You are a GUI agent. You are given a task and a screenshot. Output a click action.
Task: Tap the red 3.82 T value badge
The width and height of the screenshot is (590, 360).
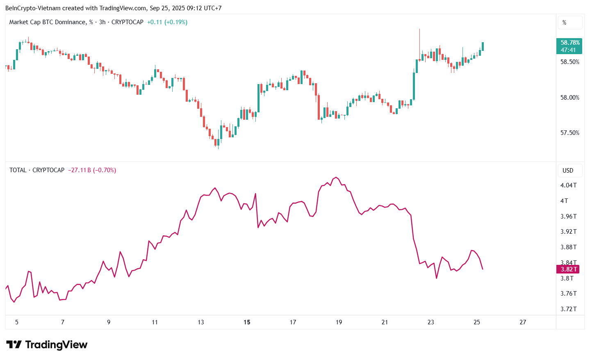569,269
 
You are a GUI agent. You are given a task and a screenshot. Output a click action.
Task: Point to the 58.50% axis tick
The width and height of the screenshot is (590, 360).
570,62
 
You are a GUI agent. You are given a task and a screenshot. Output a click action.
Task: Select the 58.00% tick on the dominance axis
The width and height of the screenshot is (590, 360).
570,98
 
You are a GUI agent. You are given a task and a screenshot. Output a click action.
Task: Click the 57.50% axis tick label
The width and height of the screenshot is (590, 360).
570,133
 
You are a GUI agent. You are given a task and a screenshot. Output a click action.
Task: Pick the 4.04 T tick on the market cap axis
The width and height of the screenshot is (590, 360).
568,185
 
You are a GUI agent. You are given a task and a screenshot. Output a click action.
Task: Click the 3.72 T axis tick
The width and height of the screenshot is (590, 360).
568,309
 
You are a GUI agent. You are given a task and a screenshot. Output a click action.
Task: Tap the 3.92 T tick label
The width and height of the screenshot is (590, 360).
568,232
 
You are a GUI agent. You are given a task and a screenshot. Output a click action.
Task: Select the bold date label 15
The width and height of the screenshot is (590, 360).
247,322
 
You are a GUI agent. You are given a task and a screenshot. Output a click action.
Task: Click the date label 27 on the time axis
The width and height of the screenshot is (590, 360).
523,322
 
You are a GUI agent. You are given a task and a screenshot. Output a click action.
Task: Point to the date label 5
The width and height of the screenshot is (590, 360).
17,322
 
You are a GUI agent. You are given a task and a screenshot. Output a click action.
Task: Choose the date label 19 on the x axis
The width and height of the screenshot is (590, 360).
339,322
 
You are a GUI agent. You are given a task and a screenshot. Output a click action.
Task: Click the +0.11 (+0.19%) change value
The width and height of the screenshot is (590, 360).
167,22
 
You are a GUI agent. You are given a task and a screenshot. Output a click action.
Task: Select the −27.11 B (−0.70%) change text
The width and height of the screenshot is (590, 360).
92,170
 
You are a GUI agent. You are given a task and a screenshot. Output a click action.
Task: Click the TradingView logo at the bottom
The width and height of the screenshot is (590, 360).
47,345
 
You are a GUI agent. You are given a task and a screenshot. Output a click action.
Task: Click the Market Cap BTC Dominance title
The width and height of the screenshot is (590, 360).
48,22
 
